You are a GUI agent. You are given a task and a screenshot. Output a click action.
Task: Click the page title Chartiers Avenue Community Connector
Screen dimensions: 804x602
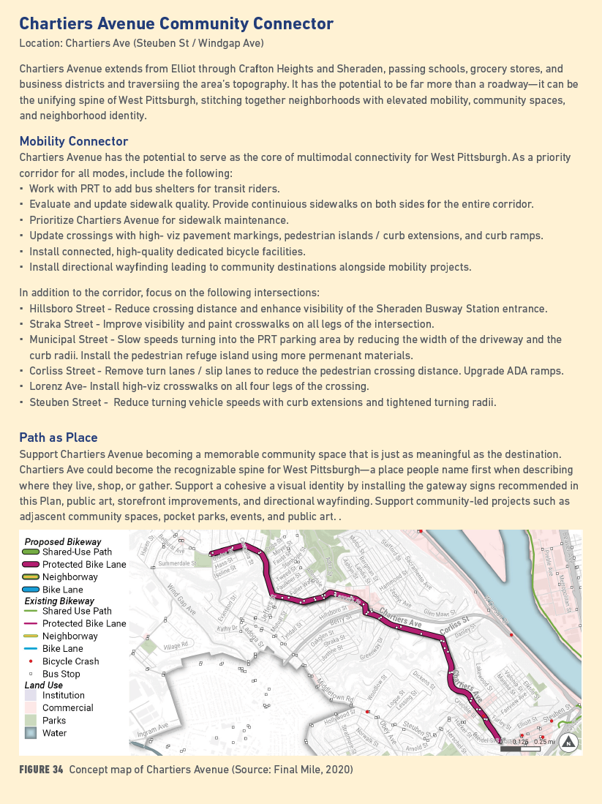pos(176,24)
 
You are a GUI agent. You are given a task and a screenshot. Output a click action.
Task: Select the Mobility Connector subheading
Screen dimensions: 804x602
pos(73,141)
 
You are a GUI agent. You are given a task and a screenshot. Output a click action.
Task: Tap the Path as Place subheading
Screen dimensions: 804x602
pos(59,437)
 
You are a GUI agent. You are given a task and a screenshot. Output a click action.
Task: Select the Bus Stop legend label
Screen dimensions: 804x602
pos(61,674)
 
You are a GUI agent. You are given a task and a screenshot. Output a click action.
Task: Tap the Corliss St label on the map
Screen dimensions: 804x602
pos(455,628)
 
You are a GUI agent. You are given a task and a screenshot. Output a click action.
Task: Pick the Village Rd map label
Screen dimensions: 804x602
pos(176,645)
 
